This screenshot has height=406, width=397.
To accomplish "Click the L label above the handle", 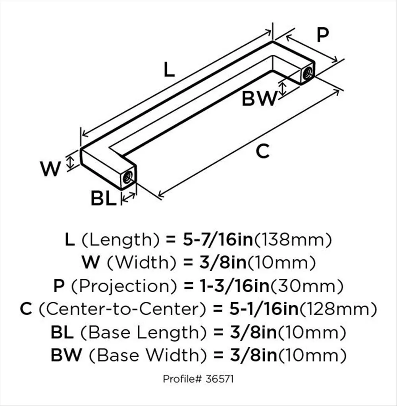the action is pyautogui.click(x=169, y=70).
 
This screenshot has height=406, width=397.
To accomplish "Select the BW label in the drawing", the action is pyautogui.click(x=259, y=98).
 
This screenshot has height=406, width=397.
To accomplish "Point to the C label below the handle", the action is pyautogui.click(x=262, y=151).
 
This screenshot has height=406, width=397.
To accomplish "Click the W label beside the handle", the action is pyautogui.click(x=50, y=169).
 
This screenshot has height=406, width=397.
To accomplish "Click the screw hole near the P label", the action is pyautogui.click(x=308, y=73).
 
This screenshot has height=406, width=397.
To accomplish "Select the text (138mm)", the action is pyautogui.click(x=293, y=240).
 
